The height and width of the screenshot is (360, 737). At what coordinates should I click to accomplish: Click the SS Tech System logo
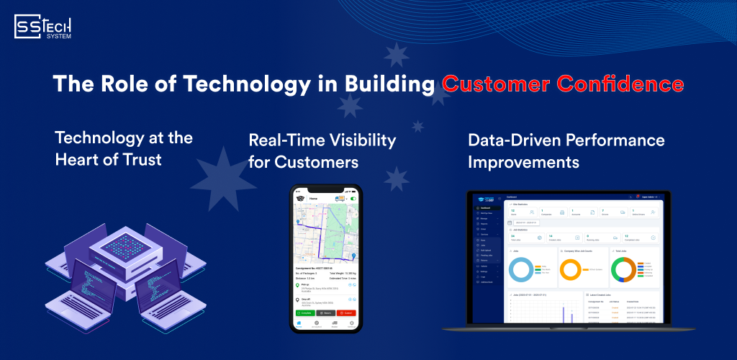(x=43, y=28)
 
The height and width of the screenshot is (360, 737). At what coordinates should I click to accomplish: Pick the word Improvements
(x=523, y=162)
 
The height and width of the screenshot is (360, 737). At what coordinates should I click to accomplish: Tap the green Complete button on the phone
(x=305, y=313)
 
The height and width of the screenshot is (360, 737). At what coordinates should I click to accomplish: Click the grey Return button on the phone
(x=325, y=313)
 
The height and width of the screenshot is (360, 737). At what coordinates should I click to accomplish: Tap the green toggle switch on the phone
(x=352, y=198)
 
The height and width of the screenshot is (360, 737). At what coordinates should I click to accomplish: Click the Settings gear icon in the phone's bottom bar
(x=351, y=324)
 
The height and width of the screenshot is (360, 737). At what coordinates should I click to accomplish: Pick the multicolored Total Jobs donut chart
(x=625, y=270)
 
